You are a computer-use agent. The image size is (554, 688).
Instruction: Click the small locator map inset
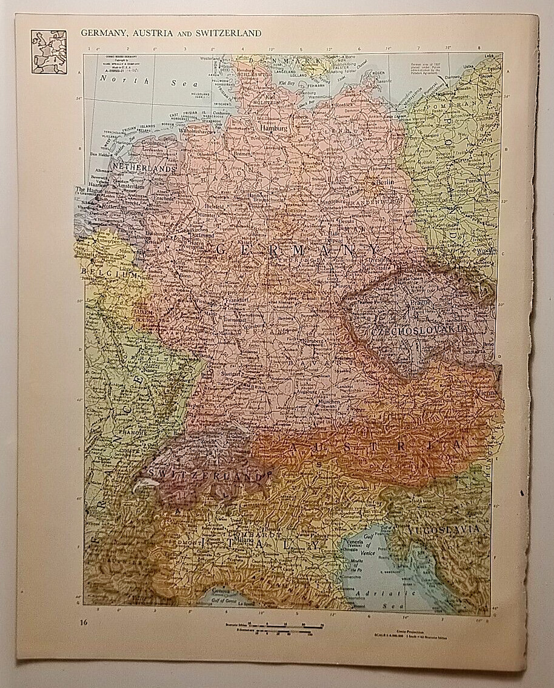pos(48,52)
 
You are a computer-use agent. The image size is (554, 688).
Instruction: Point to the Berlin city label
pos(385,182)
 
